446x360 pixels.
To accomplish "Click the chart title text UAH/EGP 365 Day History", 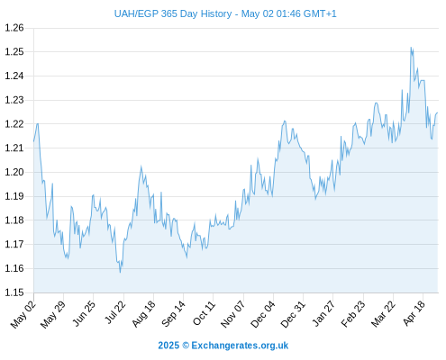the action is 173,13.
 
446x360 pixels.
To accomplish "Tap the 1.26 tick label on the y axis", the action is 14,28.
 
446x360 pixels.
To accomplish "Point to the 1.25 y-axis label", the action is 14,52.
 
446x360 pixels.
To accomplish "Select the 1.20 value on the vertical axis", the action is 14,172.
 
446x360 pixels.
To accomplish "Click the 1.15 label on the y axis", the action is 14,292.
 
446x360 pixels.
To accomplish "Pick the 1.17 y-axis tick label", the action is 14,244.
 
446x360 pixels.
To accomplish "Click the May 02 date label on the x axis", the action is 23,314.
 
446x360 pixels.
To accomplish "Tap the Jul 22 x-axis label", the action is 115,312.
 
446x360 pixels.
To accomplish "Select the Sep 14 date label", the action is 173,313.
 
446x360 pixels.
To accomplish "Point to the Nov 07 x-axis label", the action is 232,314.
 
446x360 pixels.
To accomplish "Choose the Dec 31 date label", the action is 293,314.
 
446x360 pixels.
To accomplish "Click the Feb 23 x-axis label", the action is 353,313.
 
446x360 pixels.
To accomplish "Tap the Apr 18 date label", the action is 414,313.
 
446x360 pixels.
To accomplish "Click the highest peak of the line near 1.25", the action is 411,48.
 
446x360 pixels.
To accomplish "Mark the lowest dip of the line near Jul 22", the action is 121,272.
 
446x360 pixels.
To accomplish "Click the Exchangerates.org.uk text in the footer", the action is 240,346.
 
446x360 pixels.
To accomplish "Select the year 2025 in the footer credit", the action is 168,346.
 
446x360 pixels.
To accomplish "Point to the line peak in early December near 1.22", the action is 285,121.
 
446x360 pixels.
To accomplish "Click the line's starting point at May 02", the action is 33,141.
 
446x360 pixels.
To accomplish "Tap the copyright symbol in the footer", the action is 186,346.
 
